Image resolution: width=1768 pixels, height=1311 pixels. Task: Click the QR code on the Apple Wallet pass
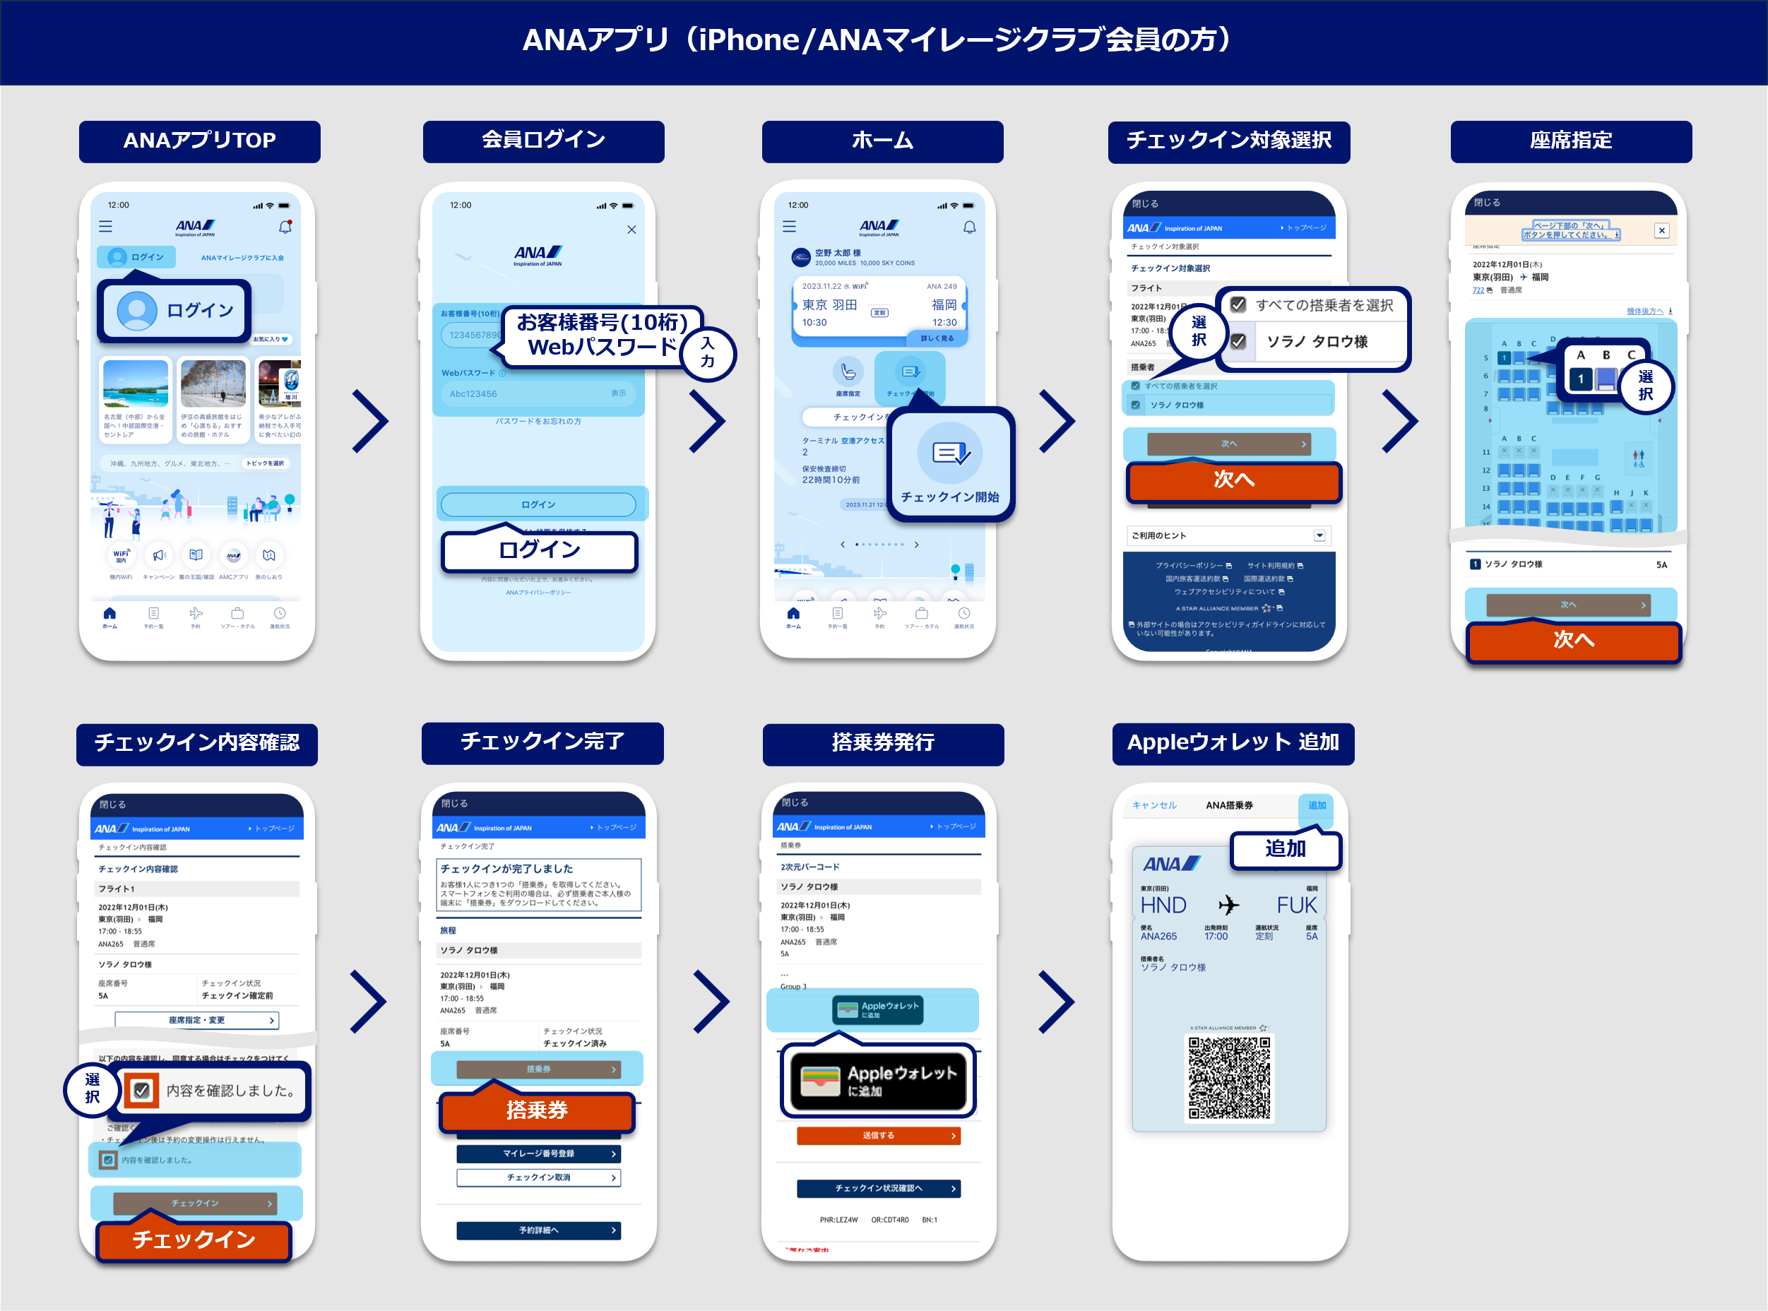tap(1228, 1079)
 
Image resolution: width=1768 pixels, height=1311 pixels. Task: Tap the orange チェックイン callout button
tap(194, 1240)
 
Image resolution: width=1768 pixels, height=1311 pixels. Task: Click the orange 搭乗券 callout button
tap(538, 1110)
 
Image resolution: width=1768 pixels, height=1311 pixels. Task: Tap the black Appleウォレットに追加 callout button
tap(879, 1081)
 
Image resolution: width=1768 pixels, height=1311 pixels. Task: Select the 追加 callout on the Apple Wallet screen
tap(1285, 849)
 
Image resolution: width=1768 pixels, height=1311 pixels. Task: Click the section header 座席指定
tap(1570, 141)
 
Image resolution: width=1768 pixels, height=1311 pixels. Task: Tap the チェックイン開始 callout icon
tap(950, 454)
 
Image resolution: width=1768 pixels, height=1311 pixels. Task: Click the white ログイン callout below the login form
tap(540, 551)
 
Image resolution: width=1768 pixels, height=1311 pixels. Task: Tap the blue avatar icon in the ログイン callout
tap(136, 310)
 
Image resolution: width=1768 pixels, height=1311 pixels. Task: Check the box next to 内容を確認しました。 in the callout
tap(142, 1091)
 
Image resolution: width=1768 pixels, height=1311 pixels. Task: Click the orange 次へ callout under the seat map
tap(1573, 641)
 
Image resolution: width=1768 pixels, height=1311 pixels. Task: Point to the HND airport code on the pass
tap(1163, 906)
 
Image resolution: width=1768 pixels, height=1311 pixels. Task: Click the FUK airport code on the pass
tap(1296, 906)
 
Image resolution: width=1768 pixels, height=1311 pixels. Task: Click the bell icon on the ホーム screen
tap(969, 227)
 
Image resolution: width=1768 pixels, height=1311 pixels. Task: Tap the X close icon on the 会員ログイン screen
tap(631, 230)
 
